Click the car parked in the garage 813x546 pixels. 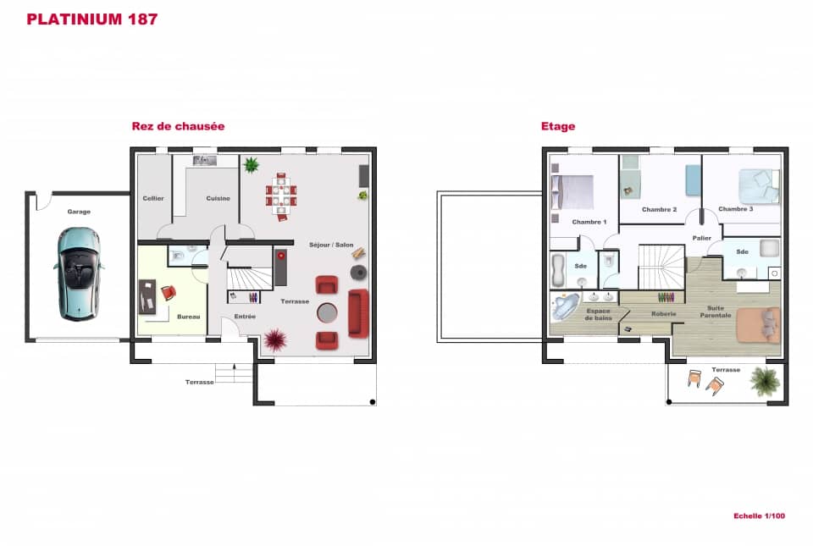click(x=79, y=273)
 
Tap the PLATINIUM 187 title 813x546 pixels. click(x=91, y=19)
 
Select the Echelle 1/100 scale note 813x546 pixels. click(x=759, y=516)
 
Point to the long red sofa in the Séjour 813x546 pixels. click(x=357, y=312)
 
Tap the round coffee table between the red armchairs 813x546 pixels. click(x=327, y=313)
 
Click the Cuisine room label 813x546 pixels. click(x=218, y=198)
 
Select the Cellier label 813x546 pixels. click(x=153, y=198)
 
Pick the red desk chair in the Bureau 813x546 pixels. click(x=168, y=293)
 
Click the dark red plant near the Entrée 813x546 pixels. click(x=274, y=340)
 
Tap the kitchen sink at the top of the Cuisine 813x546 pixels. click(x=204, y=160)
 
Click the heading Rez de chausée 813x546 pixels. click(x=178, y=126)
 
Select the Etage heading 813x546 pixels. click(x=558, y=126)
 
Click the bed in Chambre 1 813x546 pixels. click(x=572, y=191)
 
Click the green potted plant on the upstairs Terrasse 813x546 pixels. click(x=765, y=382)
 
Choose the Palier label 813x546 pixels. click(x=700, y=238)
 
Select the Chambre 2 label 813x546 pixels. click(x=659, y=209)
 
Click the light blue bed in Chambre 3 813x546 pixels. click(x=758, y=184)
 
